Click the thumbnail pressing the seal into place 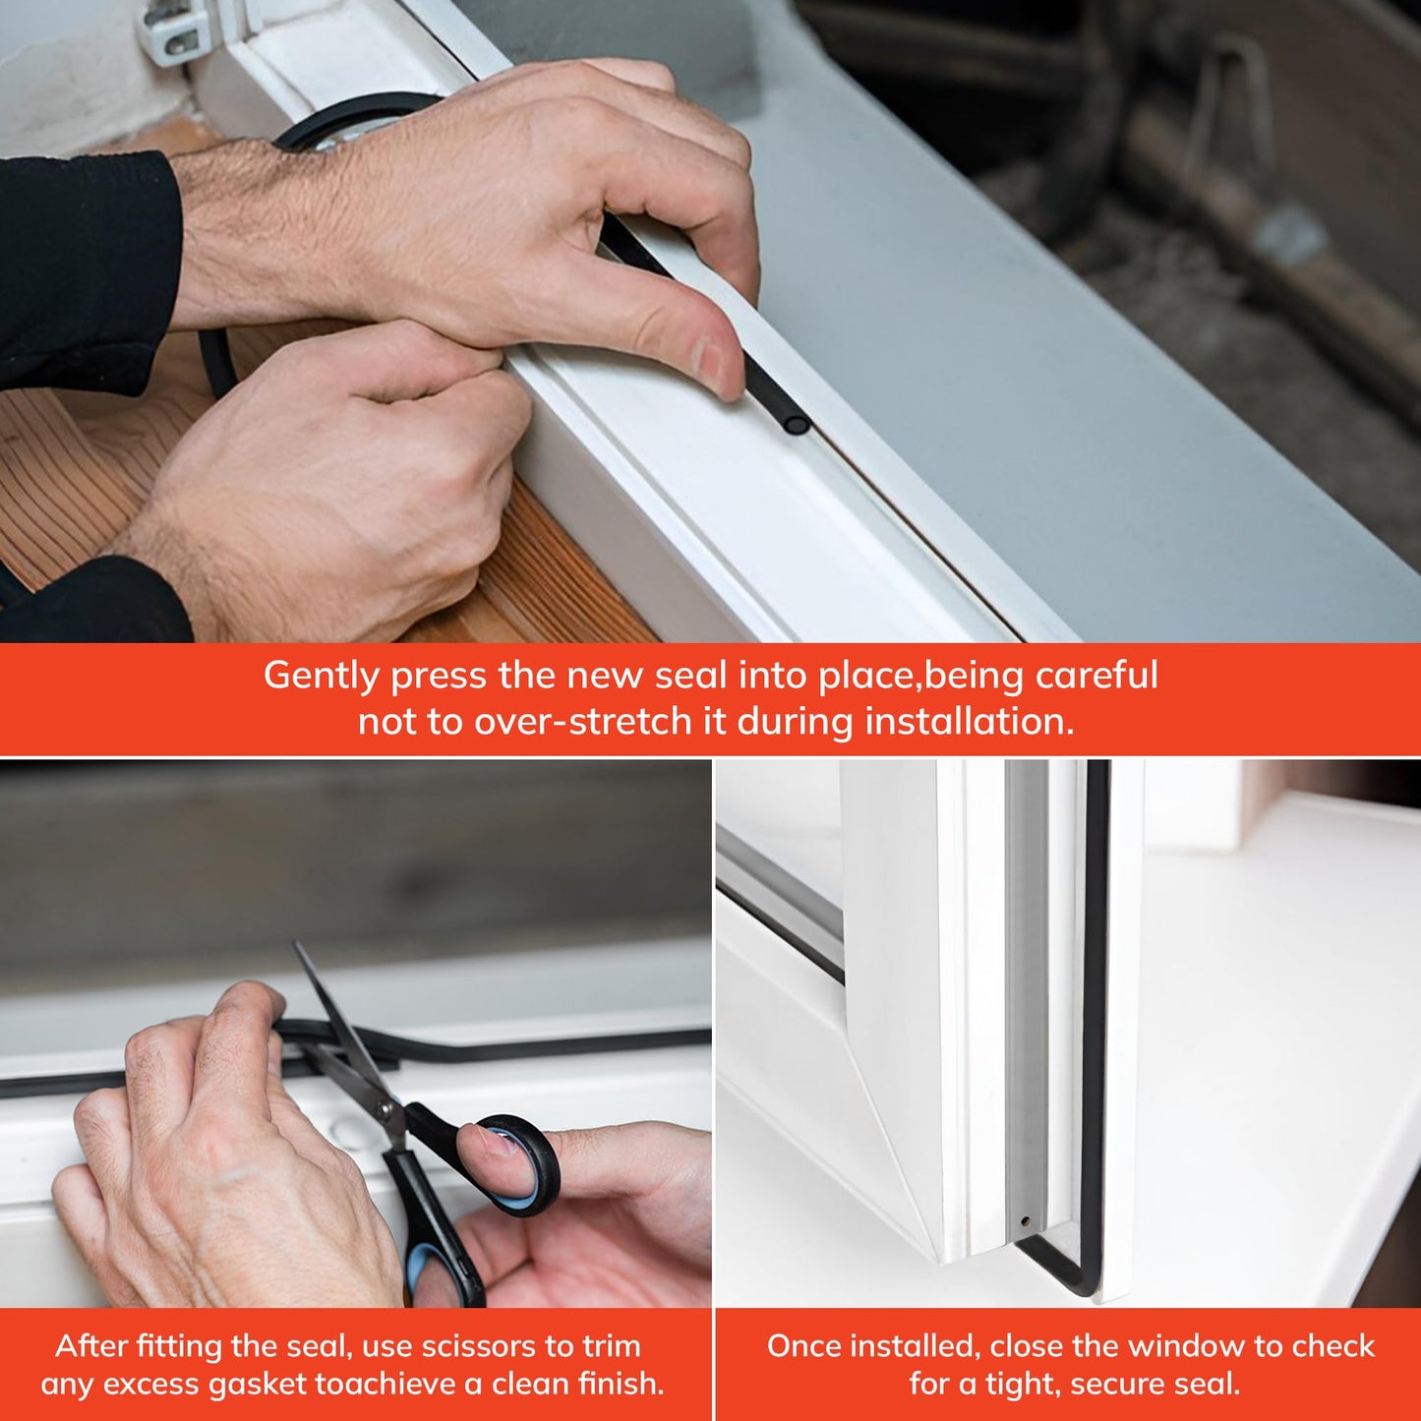point(717,363)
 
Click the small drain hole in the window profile point(1026,1221)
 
